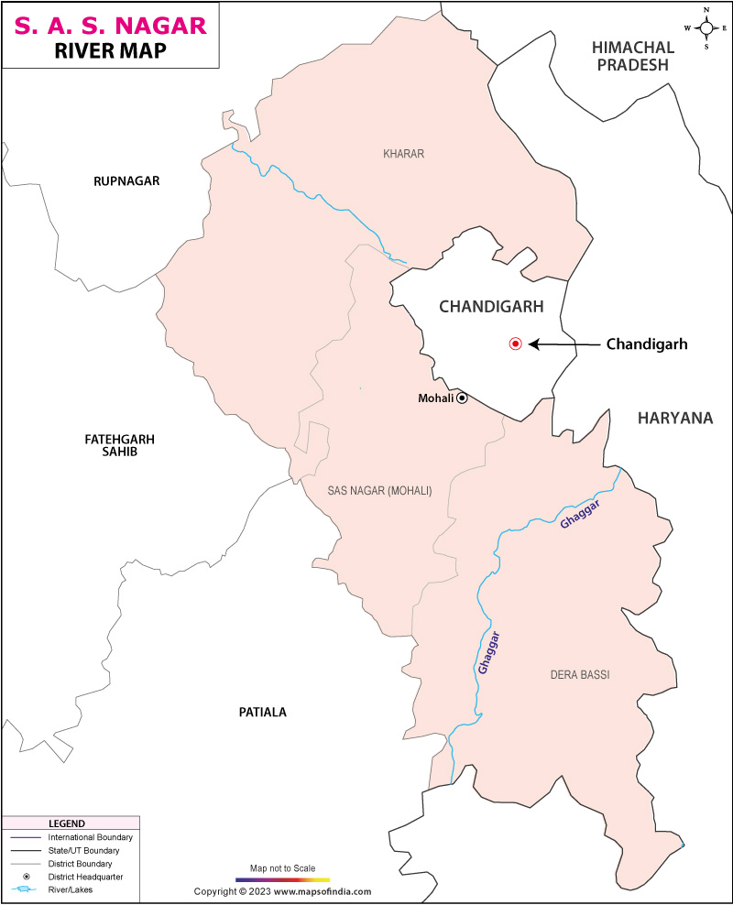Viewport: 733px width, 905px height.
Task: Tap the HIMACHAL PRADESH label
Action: click(633, 56)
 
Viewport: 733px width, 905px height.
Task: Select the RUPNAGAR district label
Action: click(126, 181)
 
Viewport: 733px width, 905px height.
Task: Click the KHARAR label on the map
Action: click(403, 154)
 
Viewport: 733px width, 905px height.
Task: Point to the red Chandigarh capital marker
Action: click(515, 344)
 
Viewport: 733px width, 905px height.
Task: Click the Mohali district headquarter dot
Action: click(463, 398)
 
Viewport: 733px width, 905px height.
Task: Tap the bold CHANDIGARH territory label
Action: click(491, 307)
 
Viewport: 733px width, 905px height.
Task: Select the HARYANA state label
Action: click(675, 418)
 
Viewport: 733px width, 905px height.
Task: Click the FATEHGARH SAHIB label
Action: click(119, 445)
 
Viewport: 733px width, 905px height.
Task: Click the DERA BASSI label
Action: click(579, 675)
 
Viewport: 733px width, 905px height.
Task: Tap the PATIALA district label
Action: click(263, 712)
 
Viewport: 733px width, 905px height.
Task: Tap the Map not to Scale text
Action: click(282, 867)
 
